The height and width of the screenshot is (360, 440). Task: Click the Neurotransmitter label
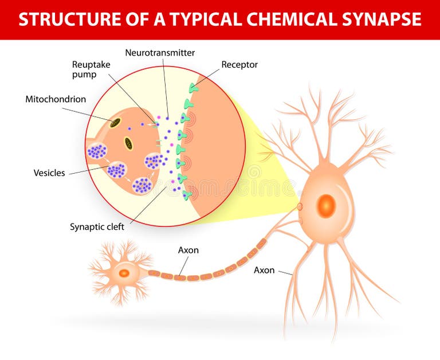(x=160, y=53)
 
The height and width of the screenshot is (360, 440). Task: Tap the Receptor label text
(x=239, y=65)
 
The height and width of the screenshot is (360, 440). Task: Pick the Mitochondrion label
(x=56, y=99)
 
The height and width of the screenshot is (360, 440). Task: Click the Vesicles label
(x=49, y=173)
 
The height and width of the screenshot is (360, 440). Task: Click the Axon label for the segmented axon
(x=188, y=250)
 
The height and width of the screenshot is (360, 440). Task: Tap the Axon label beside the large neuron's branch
(x=264, y=269)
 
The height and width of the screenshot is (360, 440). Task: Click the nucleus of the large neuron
(x=326, y=205)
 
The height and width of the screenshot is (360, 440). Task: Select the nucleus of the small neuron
(x=124, y=273)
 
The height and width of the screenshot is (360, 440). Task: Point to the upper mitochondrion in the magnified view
(x=115, y=123)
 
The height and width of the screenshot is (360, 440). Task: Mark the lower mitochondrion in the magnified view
(x=129, y=143)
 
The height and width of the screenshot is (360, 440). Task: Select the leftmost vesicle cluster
(x=97, y=151)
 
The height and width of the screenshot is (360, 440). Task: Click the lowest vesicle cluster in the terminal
(x=142, y=185)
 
